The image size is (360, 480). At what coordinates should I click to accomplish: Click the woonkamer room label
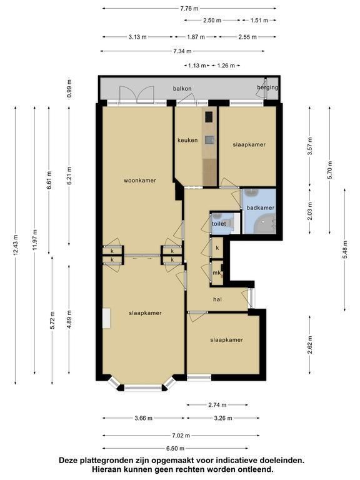tap(140, 180)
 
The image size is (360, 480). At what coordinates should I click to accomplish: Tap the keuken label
tap(187, 140)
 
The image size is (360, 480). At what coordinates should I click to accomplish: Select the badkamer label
tap(261, 207)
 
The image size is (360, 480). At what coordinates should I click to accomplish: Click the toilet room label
tap(219, 224)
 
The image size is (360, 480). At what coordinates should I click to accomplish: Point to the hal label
tap(217, 299)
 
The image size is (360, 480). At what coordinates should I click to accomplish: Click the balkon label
tap(182, 89)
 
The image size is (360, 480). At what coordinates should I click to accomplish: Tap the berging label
tap(267, 87)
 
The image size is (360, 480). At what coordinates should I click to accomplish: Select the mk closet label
tap(217, 272)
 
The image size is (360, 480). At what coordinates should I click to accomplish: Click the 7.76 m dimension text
tap(190, 8)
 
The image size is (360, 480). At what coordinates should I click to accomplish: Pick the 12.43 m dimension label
tap(16, 244)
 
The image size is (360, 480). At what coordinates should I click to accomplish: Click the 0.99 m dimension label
tap(69, 89)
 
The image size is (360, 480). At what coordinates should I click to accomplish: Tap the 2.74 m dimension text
tap(217, 405)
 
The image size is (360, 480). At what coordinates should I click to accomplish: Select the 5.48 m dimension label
tap(345, 250)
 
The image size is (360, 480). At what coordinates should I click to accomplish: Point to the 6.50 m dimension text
tap(176, 449)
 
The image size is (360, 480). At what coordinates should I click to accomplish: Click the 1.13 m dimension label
tap(197, 65)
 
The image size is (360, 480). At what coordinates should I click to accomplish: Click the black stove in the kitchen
tap(209, 116)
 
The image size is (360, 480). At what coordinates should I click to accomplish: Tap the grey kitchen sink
tap(209, 140)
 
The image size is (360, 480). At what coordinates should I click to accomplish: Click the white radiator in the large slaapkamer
tap(106, 318)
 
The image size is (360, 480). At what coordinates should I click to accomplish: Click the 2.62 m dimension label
tap(310, 345)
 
